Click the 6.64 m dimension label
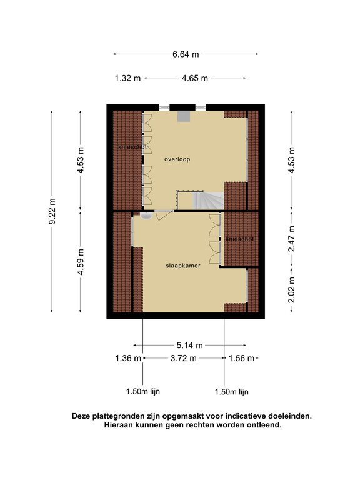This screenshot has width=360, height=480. (x=186, y=54)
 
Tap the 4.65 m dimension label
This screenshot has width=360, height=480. (x=195, y=78)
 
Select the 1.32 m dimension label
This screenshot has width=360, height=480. (x=127, y=78)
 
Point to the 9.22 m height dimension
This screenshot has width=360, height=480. (x=52, y=211)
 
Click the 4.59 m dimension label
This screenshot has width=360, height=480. (x=81, y=262)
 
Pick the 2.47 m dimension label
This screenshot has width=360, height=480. (x=291, y=239)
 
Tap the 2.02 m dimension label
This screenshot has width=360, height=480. (x=291, y=290)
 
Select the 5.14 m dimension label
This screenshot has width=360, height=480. (x=189, y=345)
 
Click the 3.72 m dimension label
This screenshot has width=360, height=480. (x=183, y=358)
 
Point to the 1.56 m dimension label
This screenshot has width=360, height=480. (x=241, y=358)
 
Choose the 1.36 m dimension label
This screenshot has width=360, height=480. (x=128, y=358)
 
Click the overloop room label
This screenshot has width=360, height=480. (x=177, y=159)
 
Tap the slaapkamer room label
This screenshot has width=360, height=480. (x=183, y=266)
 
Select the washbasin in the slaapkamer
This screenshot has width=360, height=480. (x=146, y=216)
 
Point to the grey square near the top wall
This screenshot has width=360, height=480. (x=184, y=116)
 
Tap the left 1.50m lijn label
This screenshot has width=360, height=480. (x=143, y=391)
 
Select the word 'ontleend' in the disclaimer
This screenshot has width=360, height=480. (x=264, y=425)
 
